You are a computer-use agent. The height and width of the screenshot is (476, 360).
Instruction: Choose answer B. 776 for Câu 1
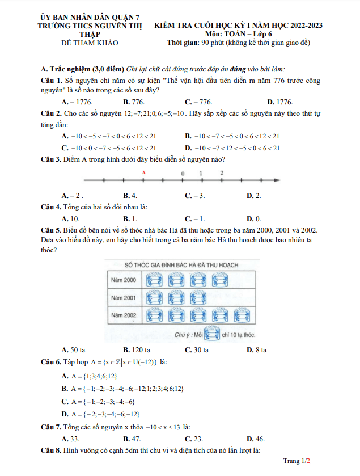(134, 102)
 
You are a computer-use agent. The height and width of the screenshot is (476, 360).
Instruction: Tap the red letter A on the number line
(144, 172)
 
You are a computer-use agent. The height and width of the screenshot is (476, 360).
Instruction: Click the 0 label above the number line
(183, 172)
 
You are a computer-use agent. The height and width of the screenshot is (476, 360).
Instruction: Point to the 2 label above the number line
(222, 172)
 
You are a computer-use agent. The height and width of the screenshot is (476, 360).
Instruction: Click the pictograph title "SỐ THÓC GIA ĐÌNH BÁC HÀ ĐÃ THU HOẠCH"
(181, 265)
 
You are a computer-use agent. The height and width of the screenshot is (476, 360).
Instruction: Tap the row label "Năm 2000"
(123, 280)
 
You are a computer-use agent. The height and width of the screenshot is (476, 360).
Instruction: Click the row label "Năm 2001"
(123, 297)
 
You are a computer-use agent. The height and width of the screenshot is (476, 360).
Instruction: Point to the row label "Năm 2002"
(123, 314)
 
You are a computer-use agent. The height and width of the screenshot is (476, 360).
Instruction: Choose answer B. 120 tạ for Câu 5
(137, 350)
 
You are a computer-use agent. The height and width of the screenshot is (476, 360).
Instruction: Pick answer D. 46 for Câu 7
(256, 439)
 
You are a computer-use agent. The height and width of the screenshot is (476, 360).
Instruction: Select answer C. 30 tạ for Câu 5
(197, 350)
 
